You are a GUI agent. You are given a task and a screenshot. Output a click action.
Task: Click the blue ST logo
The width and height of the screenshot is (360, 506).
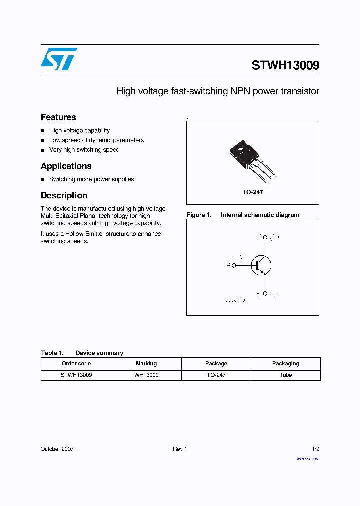coord(59,59)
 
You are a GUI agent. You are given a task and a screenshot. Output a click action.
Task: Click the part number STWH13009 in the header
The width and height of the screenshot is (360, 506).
coord(285,65)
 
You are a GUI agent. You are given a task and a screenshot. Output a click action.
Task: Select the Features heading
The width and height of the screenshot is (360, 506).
coord(58,117)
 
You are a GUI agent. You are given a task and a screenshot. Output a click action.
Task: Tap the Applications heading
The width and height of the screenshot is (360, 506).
coord(66,166)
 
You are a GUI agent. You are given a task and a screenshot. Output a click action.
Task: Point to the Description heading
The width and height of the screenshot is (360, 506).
coord(64,195)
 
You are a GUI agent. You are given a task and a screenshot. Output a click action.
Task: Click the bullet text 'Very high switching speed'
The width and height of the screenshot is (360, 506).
coord(84,150)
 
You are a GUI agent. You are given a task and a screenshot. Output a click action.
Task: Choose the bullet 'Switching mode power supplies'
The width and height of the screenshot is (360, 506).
coord(91,179)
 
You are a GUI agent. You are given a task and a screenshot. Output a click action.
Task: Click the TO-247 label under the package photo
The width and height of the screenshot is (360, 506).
coord(253,192)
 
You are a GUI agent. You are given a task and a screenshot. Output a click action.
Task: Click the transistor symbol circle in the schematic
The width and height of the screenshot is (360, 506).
coord(261,265)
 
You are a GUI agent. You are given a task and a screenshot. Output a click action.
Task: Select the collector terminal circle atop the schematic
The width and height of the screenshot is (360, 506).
coord(265,237)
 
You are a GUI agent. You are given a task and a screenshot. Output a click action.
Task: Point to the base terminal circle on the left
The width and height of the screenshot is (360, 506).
coord(234,265)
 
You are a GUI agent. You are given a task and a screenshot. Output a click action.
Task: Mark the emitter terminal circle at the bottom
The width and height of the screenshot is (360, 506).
coord(265,294)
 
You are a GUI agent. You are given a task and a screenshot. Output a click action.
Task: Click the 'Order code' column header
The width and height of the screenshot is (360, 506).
coord(76,364)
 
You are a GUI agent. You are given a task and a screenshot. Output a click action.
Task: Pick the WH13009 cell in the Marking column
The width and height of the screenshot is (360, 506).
coord(146,375)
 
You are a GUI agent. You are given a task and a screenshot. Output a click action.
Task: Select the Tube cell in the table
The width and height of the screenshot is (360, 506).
coord(286,375)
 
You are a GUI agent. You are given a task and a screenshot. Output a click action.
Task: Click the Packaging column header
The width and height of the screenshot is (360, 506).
coord(286,364)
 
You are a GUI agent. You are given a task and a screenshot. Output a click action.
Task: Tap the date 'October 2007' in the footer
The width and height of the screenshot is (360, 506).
coord(57,449)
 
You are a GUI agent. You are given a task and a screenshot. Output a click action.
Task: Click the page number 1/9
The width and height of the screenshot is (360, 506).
coord(315,449)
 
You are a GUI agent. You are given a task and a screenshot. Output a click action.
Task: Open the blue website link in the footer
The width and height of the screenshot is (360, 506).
coord(308,458)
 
